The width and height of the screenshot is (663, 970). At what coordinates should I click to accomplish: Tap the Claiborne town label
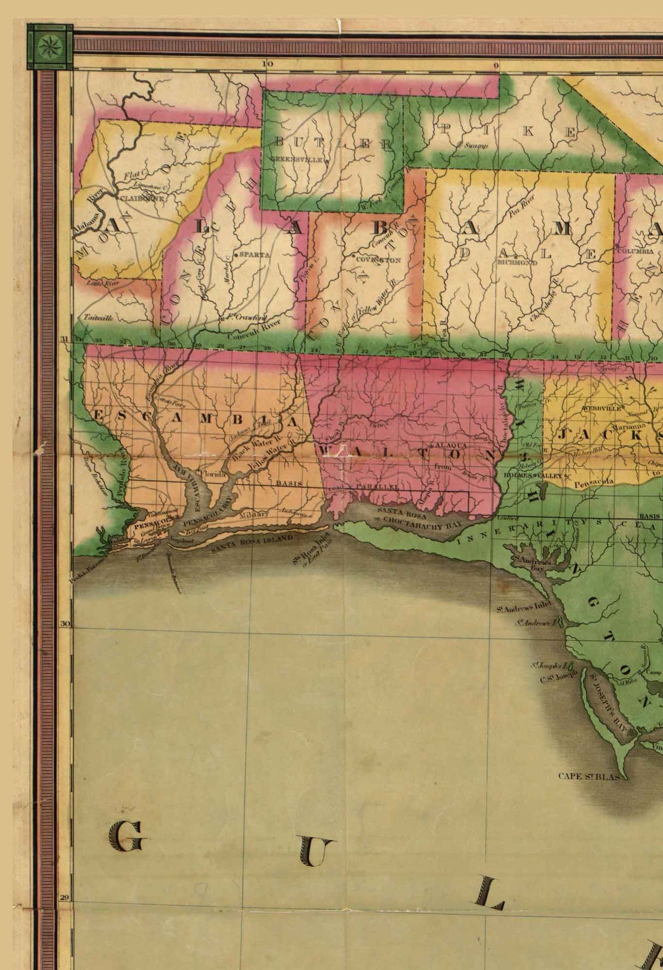click(142, 198)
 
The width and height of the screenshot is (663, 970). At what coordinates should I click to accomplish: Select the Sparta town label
click(254, 255)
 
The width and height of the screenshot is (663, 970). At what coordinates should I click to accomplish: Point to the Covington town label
click(378, 260)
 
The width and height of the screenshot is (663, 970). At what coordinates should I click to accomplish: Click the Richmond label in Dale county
click(516, 262)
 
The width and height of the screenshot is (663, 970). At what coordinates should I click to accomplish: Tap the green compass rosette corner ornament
click(49, 46)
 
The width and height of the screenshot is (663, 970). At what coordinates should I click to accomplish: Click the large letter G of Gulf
click(128, 836)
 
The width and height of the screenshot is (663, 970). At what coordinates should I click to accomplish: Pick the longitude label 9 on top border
click(496, 66)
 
